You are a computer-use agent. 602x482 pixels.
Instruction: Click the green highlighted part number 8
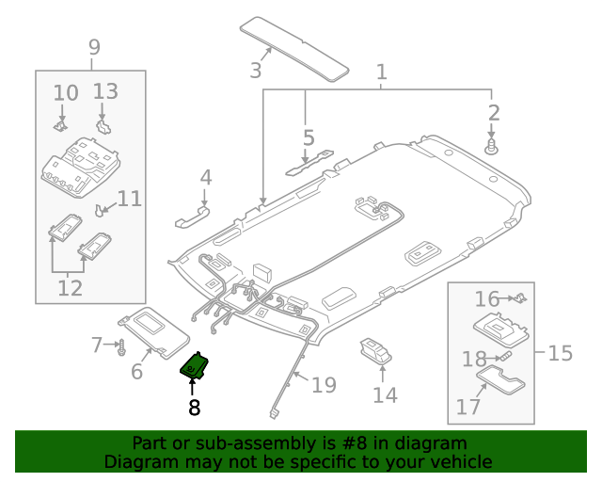point(195,365)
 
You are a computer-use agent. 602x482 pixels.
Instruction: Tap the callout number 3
point(255,70)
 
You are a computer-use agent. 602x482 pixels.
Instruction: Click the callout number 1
point(382,72)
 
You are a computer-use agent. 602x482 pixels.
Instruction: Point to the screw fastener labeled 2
point(491,147)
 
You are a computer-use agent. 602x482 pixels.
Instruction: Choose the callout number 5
point(309,138)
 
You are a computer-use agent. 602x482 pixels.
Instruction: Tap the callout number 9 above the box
point(93,46)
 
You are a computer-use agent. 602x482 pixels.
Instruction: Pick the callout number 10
point(66,93)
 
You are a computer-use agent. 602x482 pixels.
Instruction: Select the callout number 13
point(105,91)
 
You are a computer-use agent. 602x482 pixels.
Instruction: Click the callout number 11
point(130,199)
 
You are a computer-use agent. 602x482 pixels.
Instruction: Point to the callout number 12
point(71,287)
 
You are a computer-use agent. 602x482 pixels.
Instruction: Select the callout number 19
point(324,384)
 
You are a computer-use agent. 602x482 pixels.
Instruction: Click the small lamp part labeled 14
point(373,352)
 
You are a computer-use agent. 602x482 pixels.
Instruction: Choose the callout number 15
point(560,354)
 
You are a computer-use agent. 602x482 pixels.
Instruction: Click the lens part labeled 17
point(502,385)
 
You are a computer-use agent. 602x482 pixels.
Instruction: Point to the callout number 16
point(487,299)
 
